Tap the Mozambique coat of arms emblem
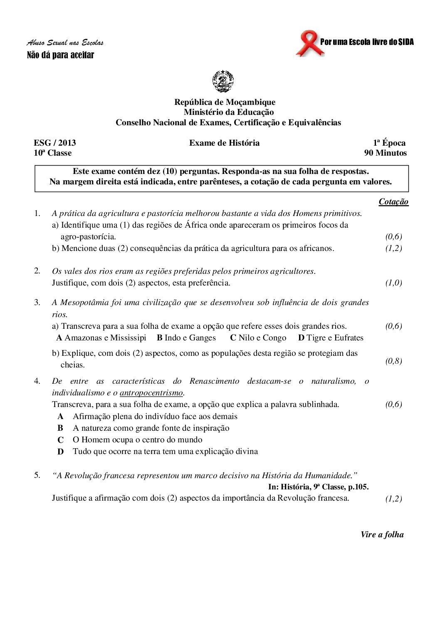click(223, 81)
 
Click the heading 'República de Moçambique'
click(225, 102)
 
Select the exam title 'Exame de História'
click(224, 143)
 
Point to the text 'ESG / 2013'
click(55, 143)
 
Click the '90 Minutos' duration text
click(385, 153)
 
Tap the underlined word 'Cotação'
click(393, 202)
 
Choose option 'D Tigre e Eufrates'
click(331, 338)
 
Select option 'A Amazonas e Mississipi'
click(101, 338)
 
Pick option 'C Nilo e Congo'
click(258, 338)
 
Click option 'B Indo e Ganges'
click(186, 338)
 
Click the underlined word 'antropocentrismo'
click(151, 392)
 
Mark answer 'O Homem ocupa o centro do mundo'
click(137, 439)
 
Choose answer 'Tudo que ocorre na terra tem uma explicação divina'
click(165, 451)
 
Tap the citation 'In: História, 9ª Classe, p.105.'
click(319, 486)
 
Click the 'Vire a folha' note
click(382, 535)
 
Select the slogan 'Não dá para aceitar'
click(60, 55)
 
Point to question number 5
click(37, 475)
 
